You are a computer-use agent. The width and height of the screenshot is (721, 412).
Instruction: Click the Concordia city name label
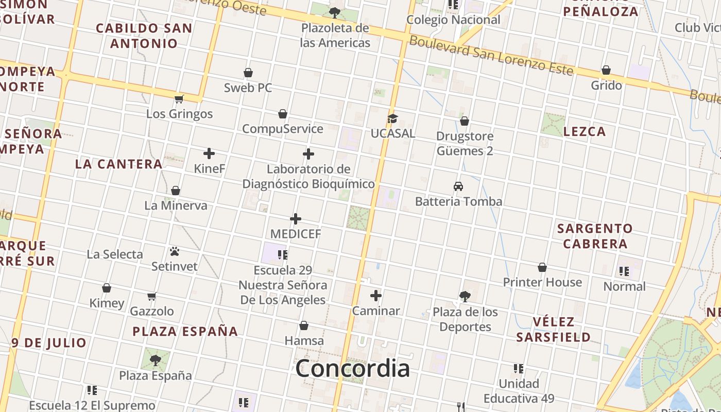point(353,368)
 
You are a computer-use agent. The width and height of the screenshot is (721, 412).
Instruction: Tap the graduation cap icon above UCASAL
point(392,119)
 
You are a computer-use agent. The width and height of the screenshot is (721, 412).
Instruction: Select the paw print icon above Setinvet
point(175,251)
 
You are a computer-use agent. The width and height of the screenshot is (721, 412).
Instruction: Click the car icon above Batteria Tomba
point(458,186)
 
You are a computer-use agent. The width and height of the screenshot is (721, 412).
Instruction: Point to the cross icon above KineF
point(209,153)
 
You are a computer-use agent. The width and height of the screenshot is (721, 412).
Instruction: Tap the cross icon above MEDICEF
point(296,219)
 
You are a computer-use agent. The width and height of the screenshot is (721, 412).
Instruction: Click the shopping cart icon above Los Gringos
point(179,99)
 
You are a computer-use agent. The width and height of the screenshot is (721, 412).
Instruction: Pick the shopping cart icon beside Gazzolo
point(152,296)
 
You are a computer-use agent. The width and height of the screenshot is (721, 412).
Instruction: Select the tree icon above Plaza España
point(156,360)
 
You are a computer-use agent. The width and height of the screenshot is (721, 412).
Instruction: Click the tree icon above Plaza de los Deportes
point(465,296)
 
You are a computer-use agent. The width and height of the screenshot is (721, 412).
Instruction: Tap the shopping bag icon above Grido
point(606,70)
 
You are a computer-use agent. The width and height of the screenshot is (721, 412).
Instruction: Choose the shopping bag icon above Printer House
point(542,267)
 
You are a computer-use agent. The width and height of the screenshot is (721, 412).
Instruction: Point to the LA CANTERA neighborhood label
point(118,164)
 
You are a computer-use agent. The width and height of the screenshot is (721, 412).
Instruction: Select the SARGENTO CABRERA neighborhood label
point(595,236)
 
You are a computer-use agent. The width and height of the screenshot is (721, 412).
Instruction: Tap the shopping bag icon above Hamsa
point(304,325)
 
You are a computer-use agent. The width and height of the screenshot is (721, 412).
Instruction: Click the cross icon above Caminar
point(376,296)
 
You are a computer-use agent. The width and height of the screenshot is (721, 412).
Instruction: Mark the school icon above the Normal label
point(624,271)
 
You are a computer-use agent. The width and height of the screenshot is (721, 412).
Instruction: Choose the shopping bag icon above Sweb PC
point(248,73)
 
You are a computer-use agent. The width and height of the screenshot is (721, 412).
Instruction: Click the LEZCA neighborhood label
point(585,132)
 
